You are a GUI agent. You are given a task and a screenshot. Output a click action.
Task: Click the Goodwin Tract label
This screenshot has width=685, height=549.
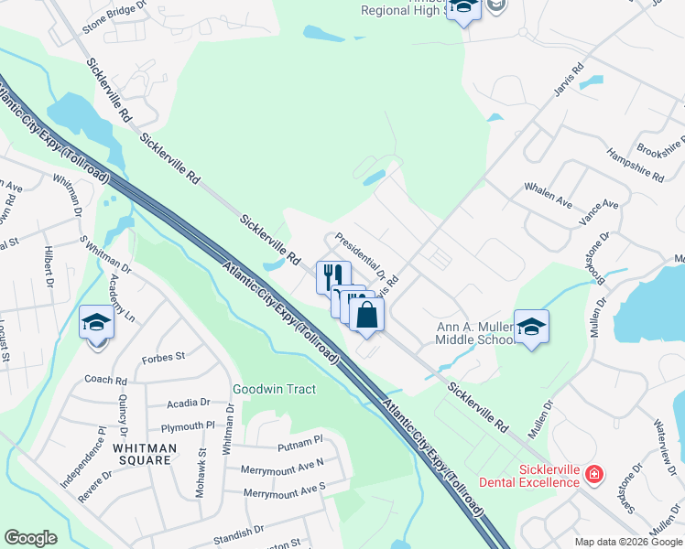(x=274, y=389)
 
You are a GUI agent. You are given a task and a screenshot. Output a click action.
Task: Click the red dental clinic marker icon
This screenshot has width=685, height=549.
(x=594, y=473)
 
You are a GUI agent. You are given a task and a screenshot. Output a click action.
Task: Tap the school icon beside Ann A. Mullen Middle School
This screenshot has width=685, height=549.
(x=531, y=327)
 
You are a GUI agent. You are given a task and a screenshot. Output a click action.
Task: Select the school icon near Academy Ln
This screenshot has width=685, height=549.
(x=96, y=323)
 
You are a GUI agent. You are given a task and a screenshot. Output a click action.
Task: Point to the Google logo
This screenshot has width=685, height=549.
(x=30, y=538)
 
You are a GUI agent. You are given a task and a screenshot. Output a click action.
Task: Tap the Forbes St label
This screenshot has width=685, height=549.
(x=164, y=357)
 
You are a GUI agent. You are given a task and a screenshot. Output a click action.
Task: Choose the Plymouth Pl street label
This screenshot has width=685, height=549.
(x=187, y=426)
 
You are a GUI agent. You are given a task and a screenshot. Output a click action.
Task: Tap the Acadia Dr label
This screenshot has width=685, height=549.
(x=189, y=403)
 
